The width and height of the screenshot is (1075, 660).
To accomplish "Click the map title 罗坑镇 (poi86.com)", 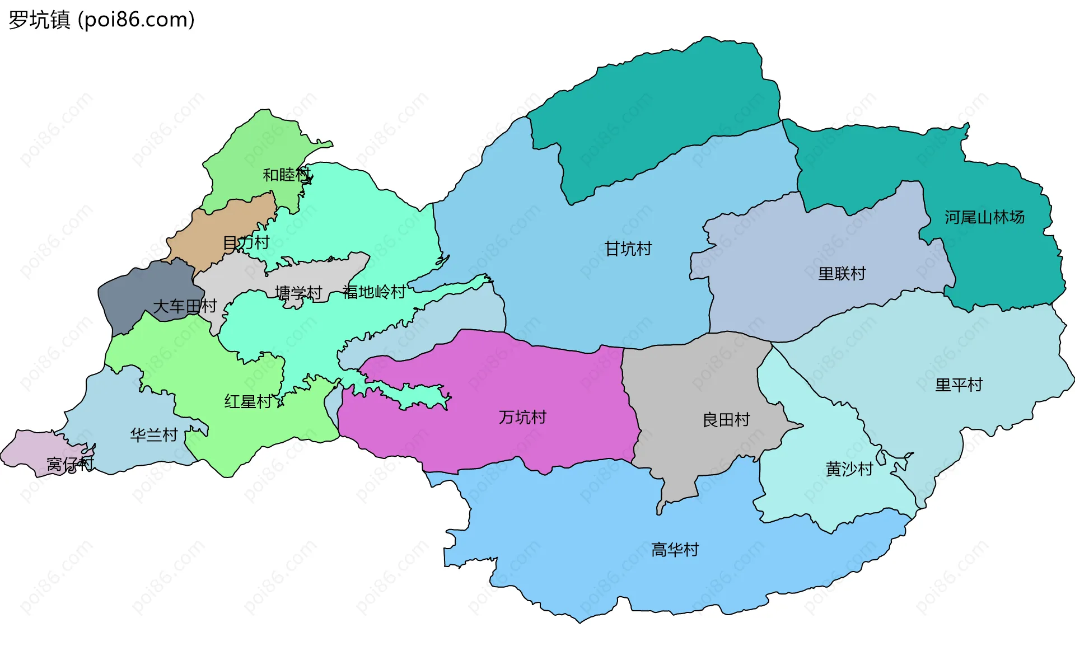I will click(x=101, y=20).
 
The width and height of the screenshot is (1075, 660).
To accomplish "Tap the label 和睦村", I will click(x=286, y=175).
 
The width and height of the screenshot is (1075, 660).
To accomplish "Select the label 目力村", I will click(x=246, y=243).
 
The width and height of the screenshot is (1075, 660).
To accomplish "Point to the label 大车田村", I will click(x=185, y=306).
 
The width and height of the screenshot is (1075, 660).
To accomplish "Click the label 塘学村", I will click(x=298, y=293).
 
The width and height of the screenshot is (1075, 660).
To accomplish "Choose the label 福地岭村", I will click(x=374, y=292).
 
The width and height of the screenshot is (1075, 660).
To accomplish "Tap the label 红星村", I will click(x=248, y=401).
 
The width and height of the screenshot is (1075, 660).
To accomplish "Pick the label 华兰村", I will click(x=154, y=434).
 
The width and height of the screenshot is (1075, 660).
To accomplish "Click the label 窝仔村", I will click(x=70, y=464).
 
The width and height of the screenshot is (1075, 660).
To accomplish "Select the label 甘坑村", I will click(x=628, y=249).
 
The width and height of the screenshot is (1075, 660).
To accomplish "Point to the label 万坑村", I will click(x=522, y=417).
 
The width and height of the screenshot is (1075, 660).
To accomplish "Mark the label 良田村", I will click(x=726, y=419).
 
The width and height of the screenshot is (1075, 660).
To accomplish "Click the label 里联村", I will click(x=842, y=273).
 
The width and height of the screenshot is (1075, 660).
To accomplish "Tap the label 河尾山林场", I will click(x=984, y=217).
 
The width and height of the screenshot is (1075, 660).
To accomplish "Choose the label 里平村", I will click(x=959, y=385).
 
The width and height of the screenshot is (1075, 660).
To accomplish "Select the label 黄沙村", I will click(x=849, y=469).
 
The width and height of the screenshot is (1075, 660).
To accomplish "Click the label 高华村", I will click(x=675, y=550).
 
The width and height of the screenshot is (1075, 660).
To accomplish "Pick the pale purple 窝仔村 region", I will click(x=28, y=448).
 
